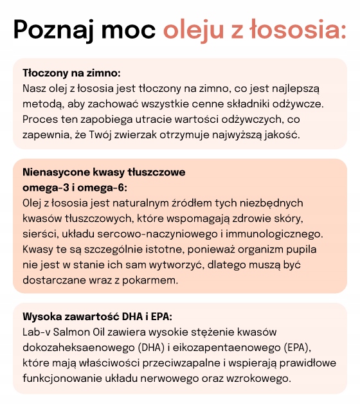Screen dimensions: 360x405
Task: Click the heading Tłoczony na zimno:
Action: pyautogui.click(x=71, y=73)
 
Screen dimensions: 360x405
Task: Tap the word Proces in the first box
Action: pyautogui.click(x=40, y=119)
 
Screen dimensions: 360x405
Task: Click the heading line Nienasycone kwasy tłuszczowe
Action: pyautogui.click(x=104, y=172)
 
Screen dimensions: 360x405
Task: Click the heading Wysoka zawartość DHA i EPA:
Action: pyautogui.click(x=97, y=318)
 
